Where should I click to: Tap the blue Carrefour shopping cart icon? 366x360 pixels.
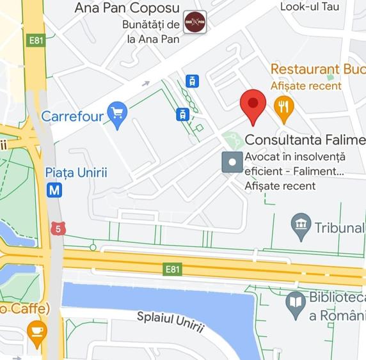pyautogui.click(x=117, y=114)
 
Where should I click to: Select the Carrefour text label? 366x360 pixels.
pyautogui.click(x=72, y=116)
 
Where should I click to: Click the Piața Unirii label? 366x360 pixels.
pyautogui.click(x=76, y=173)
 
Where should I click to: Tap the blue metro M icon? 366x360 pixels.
pyautogui.click(x=55, y=190)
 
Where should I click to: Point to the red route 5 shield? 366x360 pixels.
pyautogui.click(x=60, y=228)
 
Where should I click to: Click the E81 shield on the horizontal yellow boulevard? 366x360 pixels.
pyautogui.click(x=172, y=269)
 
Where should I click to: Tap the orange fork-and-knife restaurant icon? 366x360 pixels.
pyautogui.click(x=283, y=106)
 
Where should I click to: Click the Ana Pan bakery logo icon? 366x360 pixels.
pyautogui.click(x=195, y=22)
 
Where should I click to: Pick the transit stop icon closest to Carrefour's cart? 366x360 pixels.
pyautogui.click(x=183, y=114)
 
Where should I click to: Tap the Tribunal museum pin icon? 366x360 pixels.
pyautogui.click(x=301, y=224)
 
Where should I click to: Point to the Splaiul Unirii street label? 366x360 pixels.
pyautogui.click(x=170, y=322)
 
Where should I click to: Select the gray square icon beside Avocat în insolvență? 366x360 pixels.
pyautogui.click(x=232, y=162)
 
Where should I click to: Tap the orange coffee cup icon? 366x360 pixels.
pyautogui.click(x=37, y=332)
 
